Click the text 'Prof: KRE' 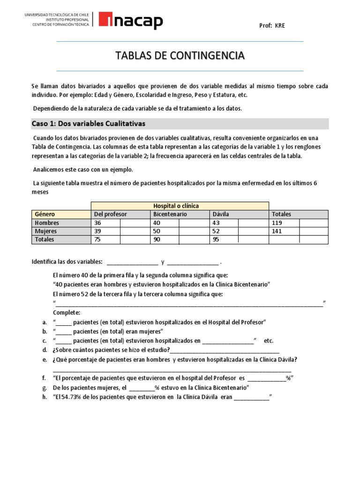(272, 26)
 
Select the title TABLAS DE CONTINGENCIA (180, 56)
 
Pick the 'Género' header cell (45, 214)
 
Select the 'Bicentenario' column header (170, 214)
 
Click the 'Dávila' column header (220, 214)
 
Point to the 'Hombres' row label (47, 223)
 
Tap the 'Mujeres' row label (46, 232)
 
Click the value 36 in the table (98, 223)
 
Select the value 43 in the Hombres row (216, 223)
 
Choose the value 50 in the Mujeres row (157, 232)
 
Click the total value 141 (277, 232)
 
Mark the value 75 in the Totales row (98, 240)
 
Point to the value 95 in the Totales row (216, 240)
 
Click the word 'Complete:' (67, 313)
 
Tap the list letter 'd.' (44, 350)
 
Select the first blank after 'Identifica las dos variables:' (133, 262)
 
